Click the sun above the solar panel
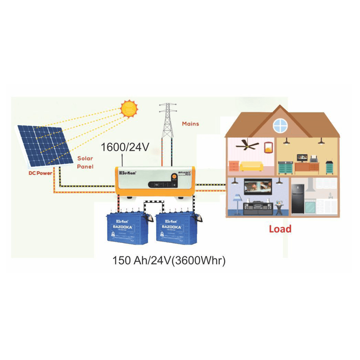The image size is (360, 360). pyautogui.click(x=128, y=108)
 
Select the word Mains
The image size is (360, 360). pyautogui.click(x=190, y=123)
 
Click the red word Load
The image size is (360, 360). pyautogui.click(x=280, y=229)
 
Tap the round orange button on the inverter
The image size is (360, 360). pyautogui.click(x=184, y=173)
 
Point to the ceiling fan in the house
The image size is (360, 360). pyautogui.click(x=248, y=145)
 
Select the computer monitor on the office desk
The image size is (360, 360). pyautogui.click(x=301, y=157)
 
